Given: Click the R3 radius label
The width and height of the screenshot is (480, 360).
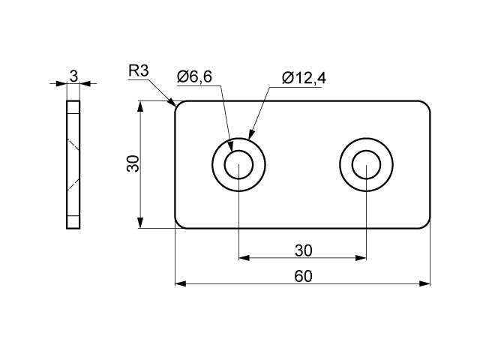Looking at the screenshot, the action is (x=138, y=71).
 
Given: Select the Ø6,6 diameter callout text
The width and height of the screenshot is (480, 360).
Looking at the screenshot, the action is (x=194, y=76).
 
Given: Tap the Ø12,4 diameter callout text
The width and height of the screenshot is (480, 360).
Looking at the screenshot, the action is (x=304, y=78).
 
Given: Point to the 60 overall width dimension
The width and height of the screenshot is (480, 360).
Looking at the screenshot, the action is (x=303, y=276).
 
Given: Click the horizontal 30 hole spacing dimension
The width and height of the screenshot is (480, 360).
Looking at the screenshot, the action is (x=303, y=250).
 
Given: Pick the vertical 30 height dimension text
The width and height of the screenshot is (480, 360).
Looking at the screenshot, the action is (x=133, y=163).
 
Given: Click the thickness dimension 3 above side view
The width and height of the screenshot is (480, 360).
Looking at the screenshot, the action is (x=73, y=76).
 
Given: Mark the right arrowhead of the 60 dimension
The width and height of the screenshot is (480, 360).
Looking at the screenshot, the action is (x=424, y=283).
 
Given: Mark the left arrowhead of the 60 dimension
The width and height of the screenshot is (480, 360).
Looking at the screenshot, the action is (x=181, y=283).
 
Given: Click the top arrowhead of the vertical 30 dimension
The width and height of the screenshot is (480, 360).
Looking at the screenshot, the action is (x=140, y=106).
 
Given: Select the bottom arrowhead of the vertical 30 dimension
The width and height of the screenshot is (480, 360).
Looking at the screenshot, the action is (x=140, y=223).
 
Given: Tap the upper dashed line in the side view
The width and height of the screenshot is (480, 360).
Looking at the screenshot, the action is (x=73, y=145).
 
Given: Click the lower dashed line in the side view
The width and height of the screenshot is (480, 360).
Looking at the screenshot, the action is (x=73, y=185).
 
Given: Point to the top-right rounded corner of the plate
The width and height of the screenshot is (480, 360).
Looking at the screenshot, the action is (x=427, y=104).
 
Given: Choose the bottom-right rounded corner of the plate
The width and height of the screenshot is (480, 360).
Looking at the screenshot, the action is (x=427, y=225).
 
